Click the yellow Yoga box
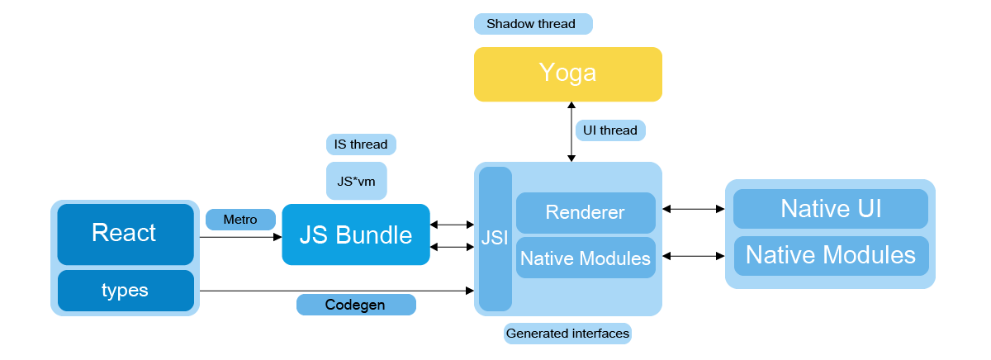(x=568, y=74)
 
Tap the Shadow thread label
(x=533, y=24)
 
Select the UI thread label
(x=610, y=130)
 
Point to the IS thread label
(x=361, y=144)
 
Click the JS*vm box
(x=357, y=181)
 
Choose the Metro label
(x=240, y=220)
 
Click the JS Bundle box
(x=356, y=234)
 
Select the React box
(x=126, y=234)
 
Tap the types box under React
(x=126, y=291)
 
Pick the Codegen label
(x=356, y=305)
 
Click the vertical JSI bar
(x=495, y=239)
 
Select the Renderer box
(x=586, y=213)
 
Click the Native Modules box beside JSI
(x=586, y=258)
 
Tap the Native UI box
(x=831, y=209)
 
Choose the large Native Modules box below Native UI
(x=832, y=256)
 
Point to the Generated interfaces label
(x=567, y=334)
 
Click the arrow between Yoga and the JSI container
(x=571, y=132)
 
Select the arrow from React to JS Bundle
(x=240, y=237)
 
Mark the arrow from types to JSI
(x=337, y=291)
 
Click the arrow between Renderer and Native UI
(x=694, y=209)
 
